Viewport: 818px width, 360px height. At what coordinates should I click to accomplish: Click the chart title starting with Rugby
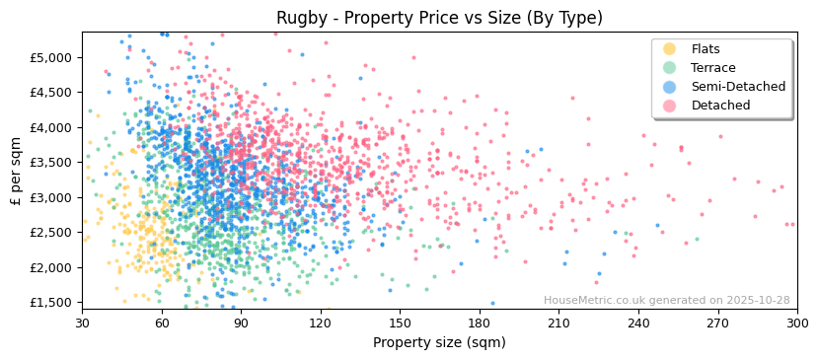(x=439, y=18)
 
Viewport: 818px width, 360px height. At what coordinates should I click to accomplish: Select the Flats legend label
(x=705, y=49)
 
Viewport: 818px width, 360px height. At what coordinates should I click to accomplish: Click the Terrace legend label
(x=712, y=68)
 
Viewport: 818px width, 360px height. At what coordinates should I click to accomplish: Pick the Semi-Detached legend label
(x=738, y=87)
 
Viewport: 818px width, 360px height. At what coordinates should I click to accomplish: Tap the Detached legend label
(x=720, y=106)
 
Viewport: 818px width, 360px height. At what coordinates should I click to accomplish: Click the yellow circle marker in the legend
(x=670, y=49)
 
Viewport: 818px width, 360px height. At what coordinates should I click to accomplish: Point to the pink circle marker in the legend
(x=670, y=106)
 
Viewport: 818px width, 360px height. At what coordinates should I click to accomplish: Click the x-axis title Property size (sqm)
(x=439, y=343)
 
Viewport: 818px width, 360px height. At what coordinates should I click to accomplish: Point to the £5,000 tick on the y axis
(x=51, y=57)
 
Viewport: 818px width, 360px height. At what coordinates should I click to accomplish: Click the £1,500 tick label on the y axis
(x=51, y=303)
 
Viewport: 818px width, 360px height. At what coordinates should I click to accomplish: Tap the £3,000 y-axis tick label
(x=51, y=197)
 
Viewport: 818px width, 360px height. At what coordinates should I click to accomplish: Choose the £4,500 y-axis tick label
(x=51, y=93)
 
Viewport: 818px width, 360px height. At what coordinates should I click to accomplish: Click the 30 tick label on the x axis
(x=82, y=323)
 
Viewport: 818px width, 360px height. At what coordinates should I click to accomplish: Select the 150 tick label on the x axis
(x=400, y=323)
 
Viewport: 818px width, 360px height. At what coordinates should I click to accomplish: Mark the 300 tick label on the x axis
(x=796, y=323)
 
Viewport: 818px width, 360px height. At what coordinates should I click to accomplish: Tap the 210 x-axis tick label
(x=558, y=323)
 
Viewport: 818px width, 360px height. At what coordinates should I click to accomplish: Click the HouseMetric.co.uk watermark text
(x=666, y=301)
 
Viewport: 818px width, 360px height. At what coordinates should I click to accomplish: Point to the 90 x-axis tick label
(x=241, y=323)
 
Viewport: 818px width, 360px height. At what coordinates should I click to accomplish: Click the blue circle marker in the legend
(x=670, y=87)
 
